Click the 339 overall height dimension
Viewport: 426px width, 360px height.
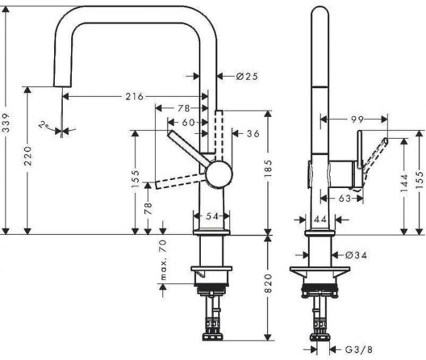5,115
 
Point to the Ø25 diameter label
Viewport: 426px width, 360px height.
246,77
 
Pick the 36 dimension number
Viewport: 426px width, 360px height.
253,133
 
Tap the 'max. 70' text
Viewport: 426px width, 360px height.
162,260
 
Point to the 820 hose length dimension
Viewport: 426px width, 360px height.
268,288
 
